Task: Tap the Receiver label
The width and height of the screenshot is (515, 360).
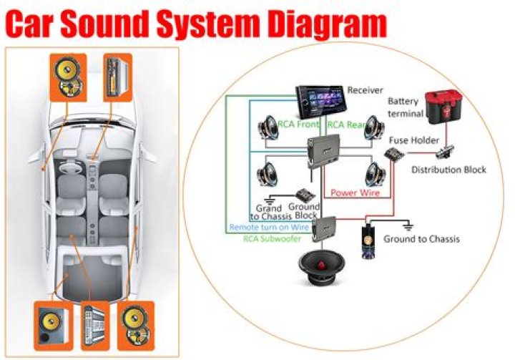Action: [x=366, y=90]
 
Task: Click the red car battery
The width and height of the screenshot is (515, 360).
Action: [x=443, y=105]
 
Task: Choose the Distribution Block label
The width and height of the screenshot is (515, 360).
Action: [x=448, y=170]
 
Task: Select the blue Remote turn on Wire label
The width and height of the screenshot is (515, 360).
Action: [x=269, y=228]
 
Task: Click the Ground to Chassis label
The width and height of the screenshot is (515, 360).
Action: [x=421, y=238]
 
